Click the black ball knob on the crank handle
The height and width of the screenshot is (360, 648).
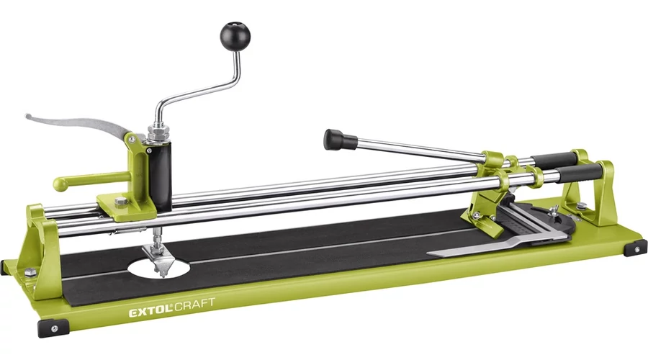pos(235,35)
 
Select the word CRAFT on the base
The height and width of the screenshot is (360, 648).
pos(194,305)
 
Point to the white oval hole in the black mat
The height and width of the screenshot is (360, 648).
pos(159,267)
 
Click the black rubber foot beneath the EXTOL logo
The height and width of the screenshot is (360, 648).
pos(54,328)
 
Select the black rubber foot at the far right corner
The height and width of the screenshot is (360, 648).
pos(635,248)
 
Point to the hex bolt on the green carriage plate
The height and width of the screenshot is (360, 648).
pos(121,202)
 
